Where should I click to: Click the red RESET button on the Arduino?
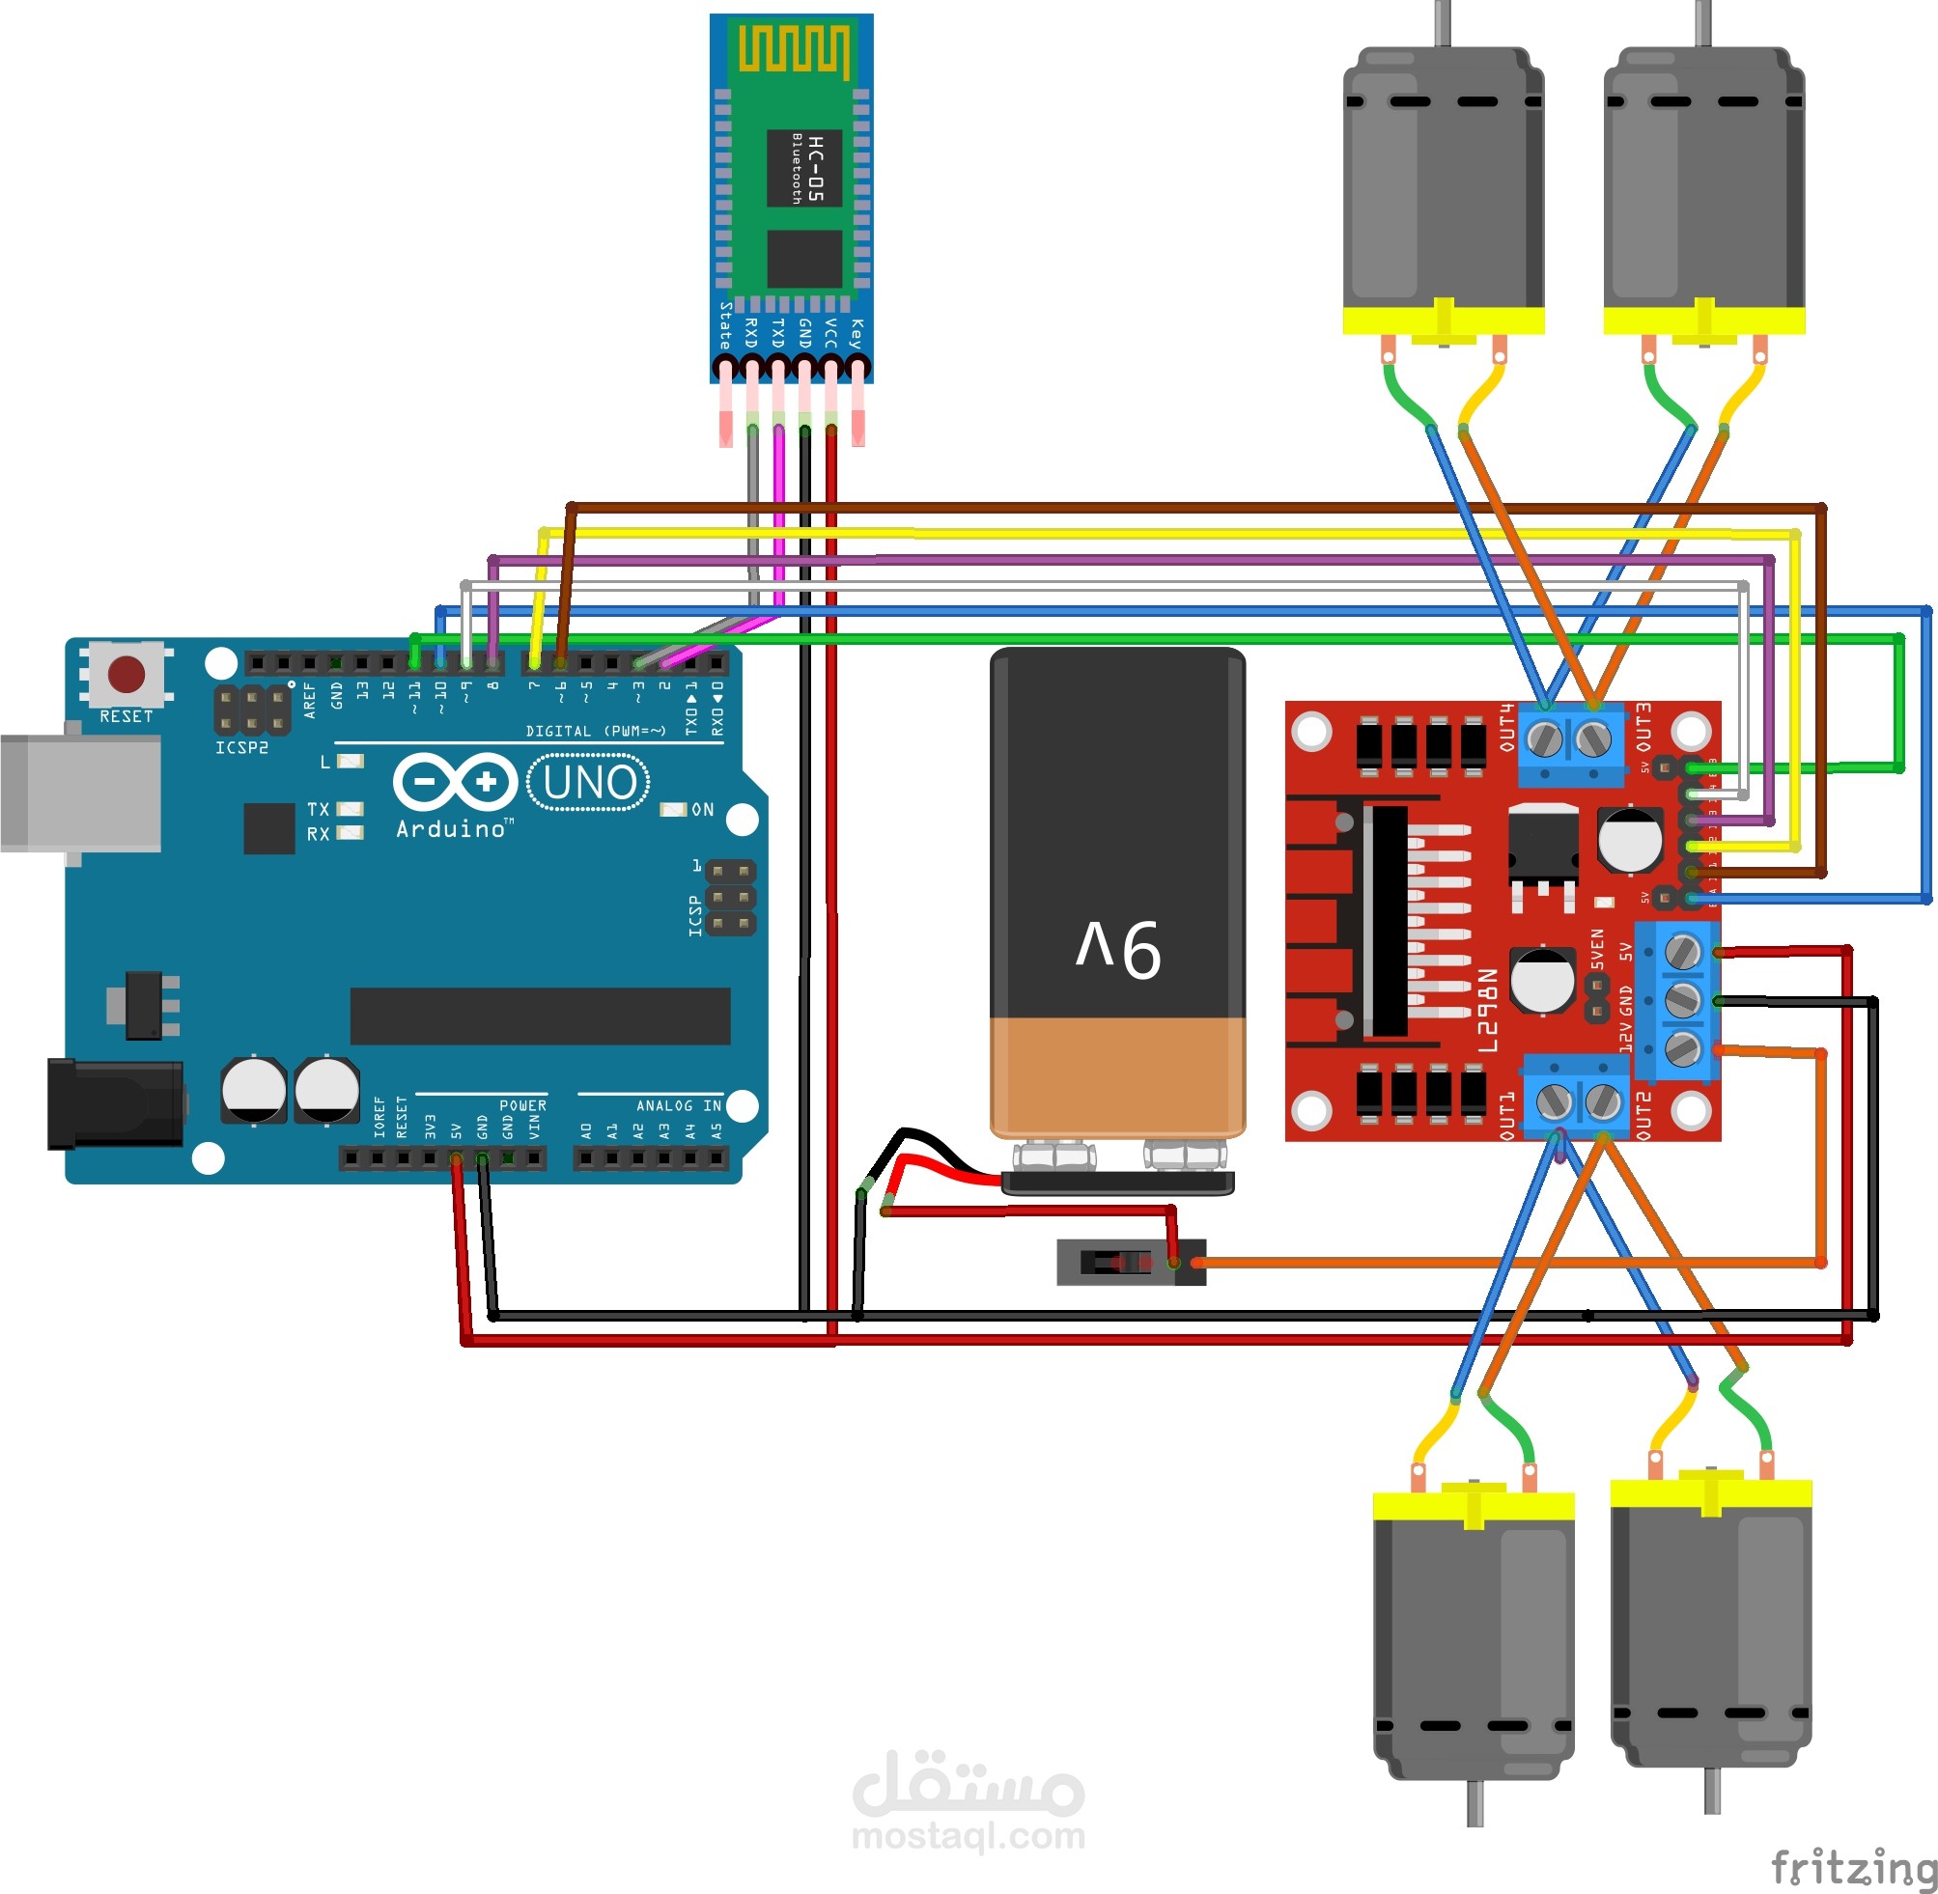[126, 674]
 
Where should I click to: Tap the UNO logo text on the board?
[589, 783]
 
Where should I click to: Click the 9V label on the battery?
[1118, 948]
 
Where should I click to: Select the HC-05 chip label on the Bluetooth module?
[815, 168]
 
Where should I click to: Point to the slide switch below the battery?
[1130, 1263]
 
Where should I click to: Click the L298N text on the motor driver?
[1486, 1011]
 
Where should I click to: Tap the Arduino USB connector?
[79, 792]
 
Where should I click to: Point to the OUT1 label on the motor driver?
[1506, 1113]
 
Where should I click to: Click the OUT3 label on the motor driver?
[1642, 728]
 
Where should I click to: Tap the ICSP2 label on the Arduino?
[241, 747]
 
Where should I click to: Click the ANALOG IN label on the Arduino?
[679, 1105]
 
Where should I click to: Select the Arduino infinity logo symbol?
[455, 782]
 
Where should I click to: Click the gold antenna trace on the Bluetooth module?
[793, 50]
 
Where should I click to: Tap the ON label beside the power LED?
[702, 810]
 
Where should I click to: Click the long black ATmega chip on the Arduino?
[540, 1016]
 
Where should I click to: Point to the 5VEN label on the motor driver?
[1597, 949]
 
